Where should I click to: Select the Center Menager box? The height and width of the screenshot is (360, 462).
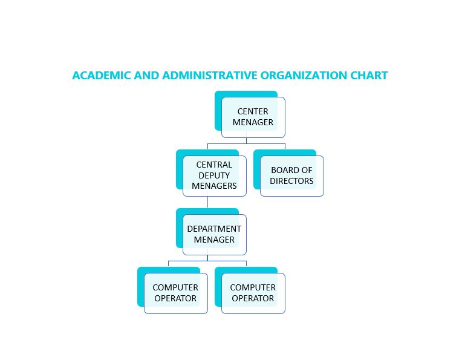[x=253, y=117]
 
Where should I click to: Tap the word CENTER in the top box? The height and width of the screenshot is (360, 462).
[x=253, y=111]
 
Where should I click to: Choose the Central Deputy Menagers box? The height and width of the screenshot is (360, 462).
[x=214, y=175]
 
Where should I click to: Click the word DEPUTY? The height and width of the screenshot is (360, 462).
[x=214, y=175]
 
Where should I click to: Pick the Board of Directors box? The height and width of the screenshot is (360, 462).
[x=291, y=176]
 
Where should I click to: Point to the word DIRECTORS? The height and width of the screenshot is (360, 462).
[x=291, y=181]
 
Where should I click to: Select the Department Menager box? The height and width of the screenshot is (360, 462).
[x=214, y=234]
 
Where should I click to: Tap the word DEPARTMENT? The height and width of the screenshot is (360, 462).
[x=214, y=229]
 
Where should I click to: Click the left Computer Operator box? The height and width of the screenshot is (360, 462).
[x=175, y=293]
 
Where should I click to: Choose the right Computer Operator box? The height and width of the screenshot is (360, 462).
[x=253, y=293]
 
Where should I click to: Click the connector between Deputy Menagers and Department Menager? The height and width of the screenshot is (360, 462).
[x=207, y=203]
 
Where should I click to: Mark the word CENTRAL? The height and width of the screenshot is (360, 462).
[x=214, y=165]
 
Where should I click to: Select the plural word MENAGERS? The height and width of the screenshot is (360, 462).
[x=214, y=186]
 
